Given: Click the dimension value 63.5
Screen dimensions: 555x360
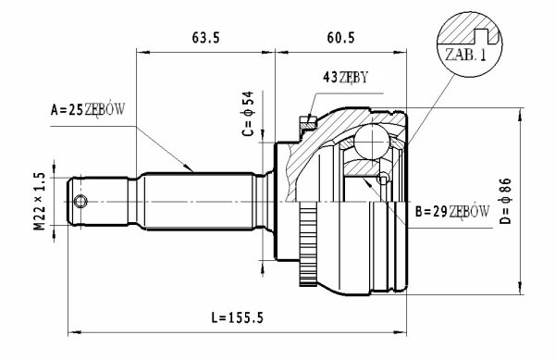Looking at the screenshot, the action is (x=206, y=38).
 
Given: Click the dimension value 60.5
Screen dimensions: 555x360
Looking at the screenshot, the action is (x=340, y=38).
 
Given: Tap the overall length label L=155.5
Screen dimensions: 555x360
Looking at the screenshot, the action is (x=238, y=317).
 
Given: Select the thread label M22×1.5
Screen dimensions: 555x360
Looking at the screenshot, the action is (x=40, y=201).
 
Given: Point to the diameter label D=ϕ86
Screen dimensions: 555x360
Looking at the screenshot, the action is (x=506, y=201).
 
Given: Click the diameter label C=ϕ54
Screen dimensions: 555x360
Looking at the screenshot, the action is (x=248, y=114).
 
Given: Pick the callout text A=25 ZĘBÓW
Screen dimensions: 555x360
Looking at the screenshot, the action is (x=88, y=110).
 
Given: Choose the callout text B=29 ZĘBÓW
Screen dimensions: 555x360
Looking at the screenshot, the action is (x=452, y=212).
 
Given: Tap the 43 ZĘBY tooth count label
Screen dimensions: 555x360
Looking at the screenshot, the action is (x=345, y=77).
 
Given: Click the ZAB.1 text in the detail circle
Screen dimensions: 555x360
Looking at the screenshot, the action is (x=465, y=55).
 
